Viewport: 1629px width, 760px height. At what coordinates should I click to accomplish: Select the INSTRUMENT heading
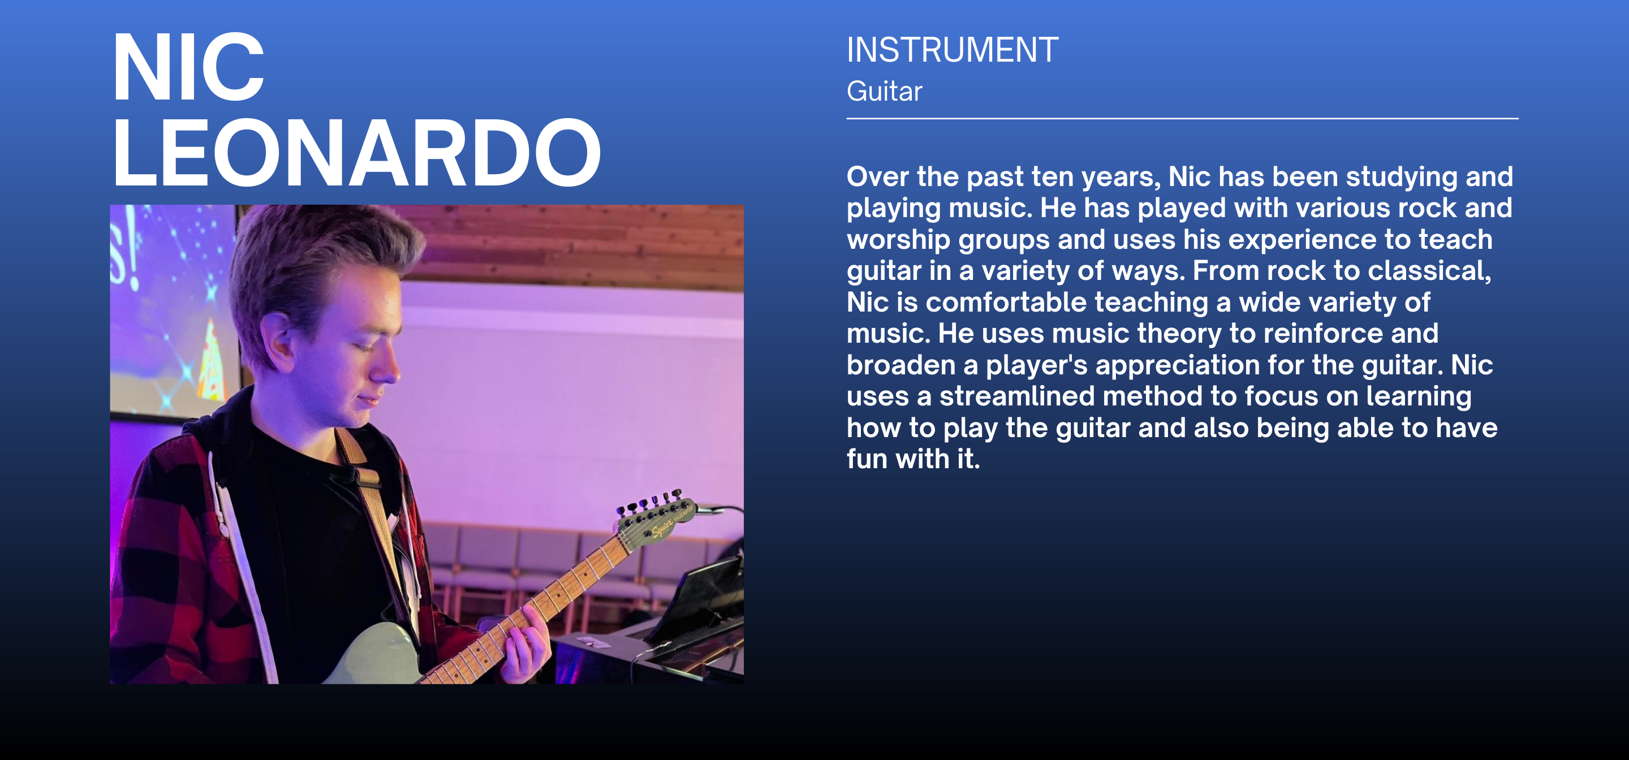pos(953,50)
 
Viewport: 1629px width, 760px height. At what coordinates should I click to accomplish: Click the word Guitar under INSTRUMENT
pos(884,92)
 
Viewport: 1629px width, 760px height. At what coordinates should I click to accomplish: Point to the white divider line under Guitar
pos(1183,118)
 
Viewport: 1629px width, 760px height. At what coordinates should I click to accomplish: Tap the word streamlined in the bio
pos(1017,396)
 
